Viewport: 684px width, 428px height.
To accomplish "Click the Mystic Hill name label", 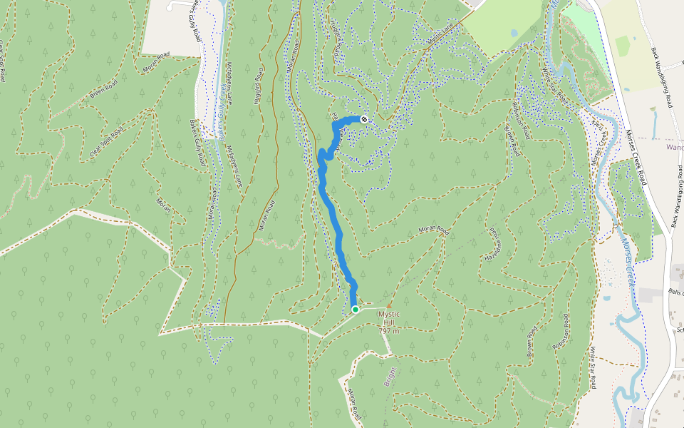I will pos(389,318).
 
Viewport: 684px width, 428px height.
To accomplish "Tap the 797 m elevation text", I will pos(389,331).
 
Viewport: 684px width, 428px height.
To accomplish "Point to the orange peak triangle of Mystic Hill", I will pos(389,307).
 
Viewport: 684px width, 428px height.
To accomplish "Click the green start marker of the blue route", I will pos(355,310).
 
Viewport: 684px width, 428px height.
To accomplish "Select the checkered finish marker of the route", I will pos(364,118).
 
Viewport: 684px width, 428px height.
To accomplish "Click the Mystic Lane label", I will pos(440,37).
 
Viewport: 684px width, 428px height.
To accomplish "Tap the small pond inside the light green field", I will pos(514,33).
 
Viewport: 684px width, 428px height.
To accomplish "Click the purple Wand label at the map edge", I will pos(674,147).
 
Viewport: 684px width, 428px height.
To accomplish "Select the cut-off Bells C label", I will pos(675,292).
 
